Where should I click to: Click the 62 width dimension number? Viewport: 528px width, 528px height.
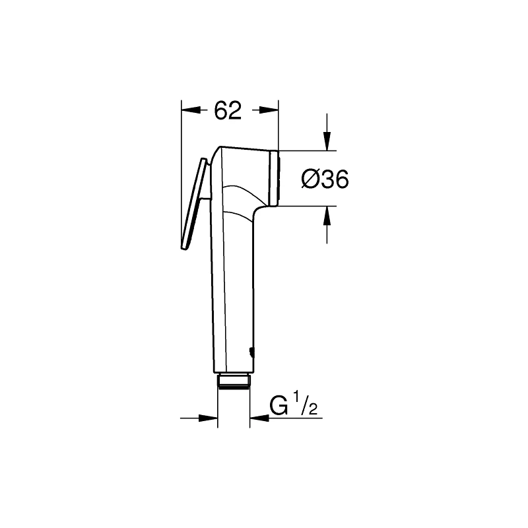click(x=228, y=110)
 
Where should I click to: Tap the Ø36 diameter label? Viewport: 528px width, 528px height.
click(x=325, y=179)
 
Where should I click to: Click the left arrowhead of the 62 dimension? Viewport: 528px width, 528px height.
click(x=191, y=110)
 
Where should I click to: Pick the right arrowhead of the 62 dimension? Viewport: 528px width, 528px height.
click(x=269, y=110)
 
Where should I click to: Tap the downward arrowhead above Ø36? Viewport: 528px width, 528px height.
click(x=327, y=141)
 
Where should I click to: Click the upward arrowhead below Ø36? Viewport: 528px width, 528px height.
click(x=327, y=216)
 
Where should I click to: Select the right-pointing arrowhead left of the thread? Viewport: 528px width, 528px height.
click(x=208, y=418)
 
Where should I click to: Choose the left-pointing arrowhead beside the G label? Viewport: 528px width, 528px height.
click(x=259, y=418)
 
